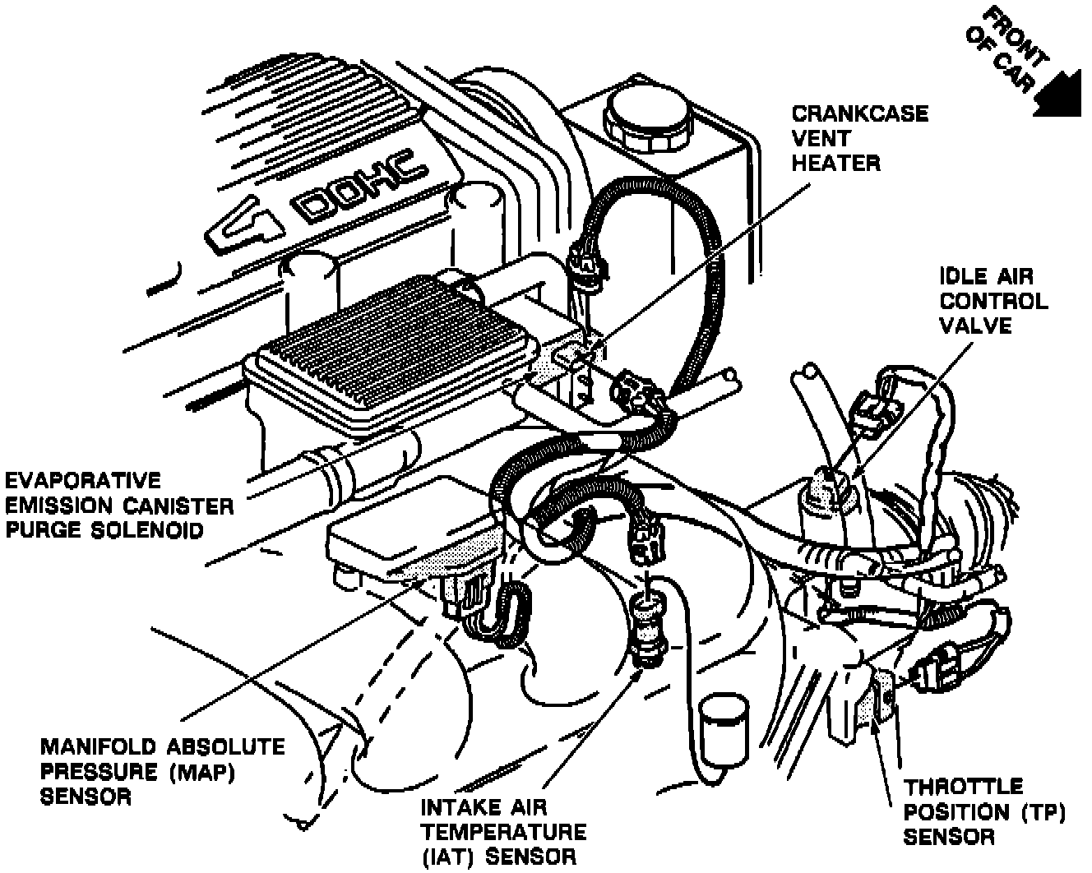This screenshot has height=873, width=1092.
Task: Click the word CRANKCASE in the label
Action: [x=859, y=113]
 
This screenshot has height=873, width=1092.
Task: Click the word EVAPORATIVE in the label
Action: [x=83, y=480]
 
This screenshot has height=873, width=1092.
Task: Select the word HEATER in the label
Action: [x=835, y=162]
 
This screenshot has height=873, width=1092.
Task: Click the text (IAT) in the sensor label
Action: [x=447, y=856]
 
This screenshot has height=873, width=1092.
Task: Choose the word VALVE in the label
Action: [x=976, y=326]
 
